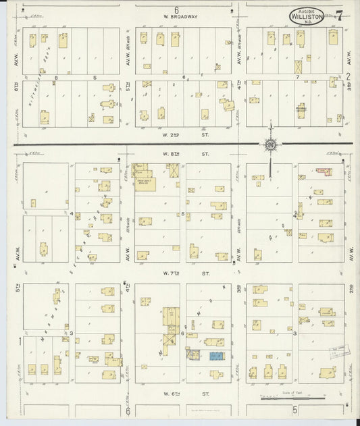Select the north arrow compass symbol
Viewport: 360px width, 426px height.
point(269,143)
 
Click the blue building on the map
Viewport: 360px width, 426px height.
point(217,355)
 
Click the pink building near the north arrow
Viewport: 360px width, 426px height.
point(327,171)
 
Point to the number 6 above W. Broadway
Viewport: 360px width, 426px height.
point(176,9)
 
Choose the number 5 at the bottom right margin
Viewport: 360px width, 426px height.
point(294,410)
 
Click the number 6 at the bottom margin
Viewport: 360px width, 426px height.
point(128,410)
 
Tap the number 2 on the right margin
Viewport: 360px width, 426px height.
point(349,76)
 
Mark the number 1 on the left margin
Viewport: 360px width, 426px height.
point(20,341)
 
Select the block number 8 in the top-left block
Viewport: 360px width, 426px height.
point(57,78)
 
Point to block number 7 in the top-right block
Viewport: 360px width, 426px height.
point(297,78)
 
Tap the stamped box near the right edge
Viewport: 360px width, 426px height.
point(340,350)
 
